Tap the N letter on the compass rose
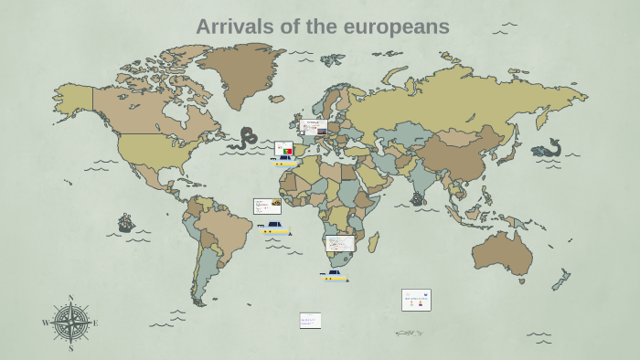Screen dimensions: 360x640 coord(70,298)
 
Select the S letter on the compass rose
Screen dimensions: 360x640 coord(70,348)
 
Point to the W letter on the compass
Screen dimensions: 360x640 coord(46,323)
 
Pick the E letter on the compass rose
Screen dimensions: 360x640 coord(95,323)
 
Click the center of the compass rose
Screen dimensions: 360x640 coord(70,323)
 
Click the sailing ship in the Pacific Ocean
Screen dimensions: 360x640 coord(125,223)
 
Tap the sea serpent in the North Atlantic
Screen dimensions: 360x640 coord(245,138)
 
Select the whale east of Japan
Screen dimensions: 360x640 coord(546,149)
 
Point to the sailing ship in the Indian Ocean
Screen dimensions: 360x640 coord(417,198)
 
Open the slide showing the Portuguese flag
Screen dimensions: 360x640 coord(283,149)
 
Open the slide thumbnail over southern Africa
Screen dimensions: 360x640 coord(340,243)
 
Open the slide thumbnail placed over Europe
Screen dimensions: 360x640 coord(314,127)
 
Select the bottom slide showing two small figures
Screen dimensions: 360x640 coord(416,300)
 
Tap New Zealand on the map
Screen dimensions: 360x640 coord(560,280)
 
